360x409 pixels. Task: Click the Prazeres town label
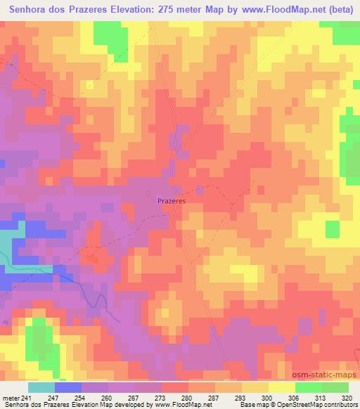tap(170, 200)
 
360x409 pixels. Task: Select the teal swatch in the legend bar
tap(41, 387)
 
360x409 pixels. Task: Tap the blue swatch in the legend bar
tap(68, 387)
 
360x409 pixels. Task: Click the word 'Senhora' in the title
tap(28, 11)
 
